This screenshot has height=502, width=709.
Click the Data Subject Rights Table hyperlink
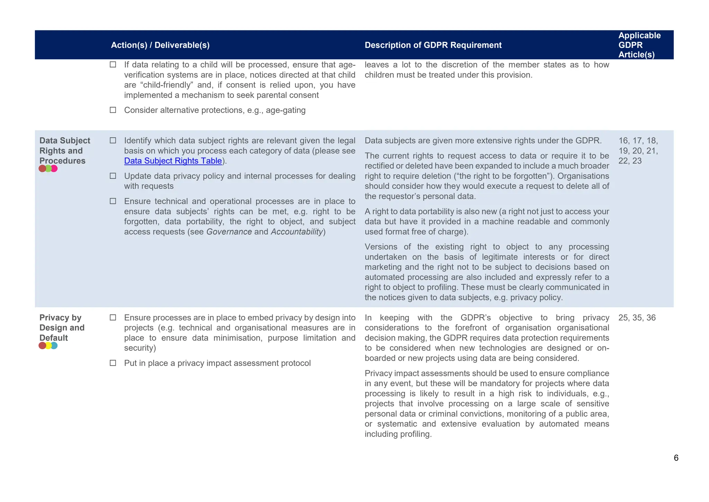(x=173, y=161)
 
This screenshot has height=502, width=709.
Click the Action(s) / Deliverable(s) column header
(x=160, y=45)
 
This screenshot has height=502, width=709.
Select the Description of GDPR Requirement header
(x=433, y=45)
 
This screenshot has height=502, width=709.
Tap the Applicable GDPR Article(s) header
(x=639, y=45)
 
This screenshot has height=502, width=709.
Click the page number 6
(x=676, y=458)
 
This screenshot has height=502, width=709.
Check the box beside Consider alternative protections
(x=113, y=110)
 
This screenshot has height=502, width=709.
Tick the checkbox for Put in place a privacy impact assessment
(x=113, y=363)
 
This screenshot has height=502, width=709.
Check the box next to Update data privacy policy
(x=113, y=176)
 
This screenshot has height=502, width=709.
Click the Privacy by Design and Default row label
(x=62, y=328)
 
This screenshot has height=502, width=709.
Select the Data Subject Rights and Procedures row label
(x=64, y=151)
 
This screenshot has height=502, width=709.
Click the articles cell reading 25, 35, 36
(x=637, y=318)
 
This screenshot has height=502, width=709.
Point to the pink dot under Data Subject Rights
(x=54, y=169)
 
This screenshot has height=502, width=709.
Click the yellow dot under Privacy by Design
(x=48, y=346)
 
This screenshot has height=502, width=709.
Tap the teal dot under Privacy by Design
(x=54, y=346)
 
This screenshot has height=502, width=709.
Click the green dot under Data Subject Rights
(x=48, y=169)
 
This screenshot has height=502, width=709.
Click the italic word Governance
(x=229, y=232)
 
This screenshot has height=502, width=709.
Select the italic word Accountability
(x=297, y=232)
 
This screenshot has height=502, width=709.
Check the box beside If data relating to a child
(x=113, y=64)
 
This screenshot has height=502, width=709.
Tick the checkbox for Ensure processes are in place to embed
(x=113, y=318)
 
